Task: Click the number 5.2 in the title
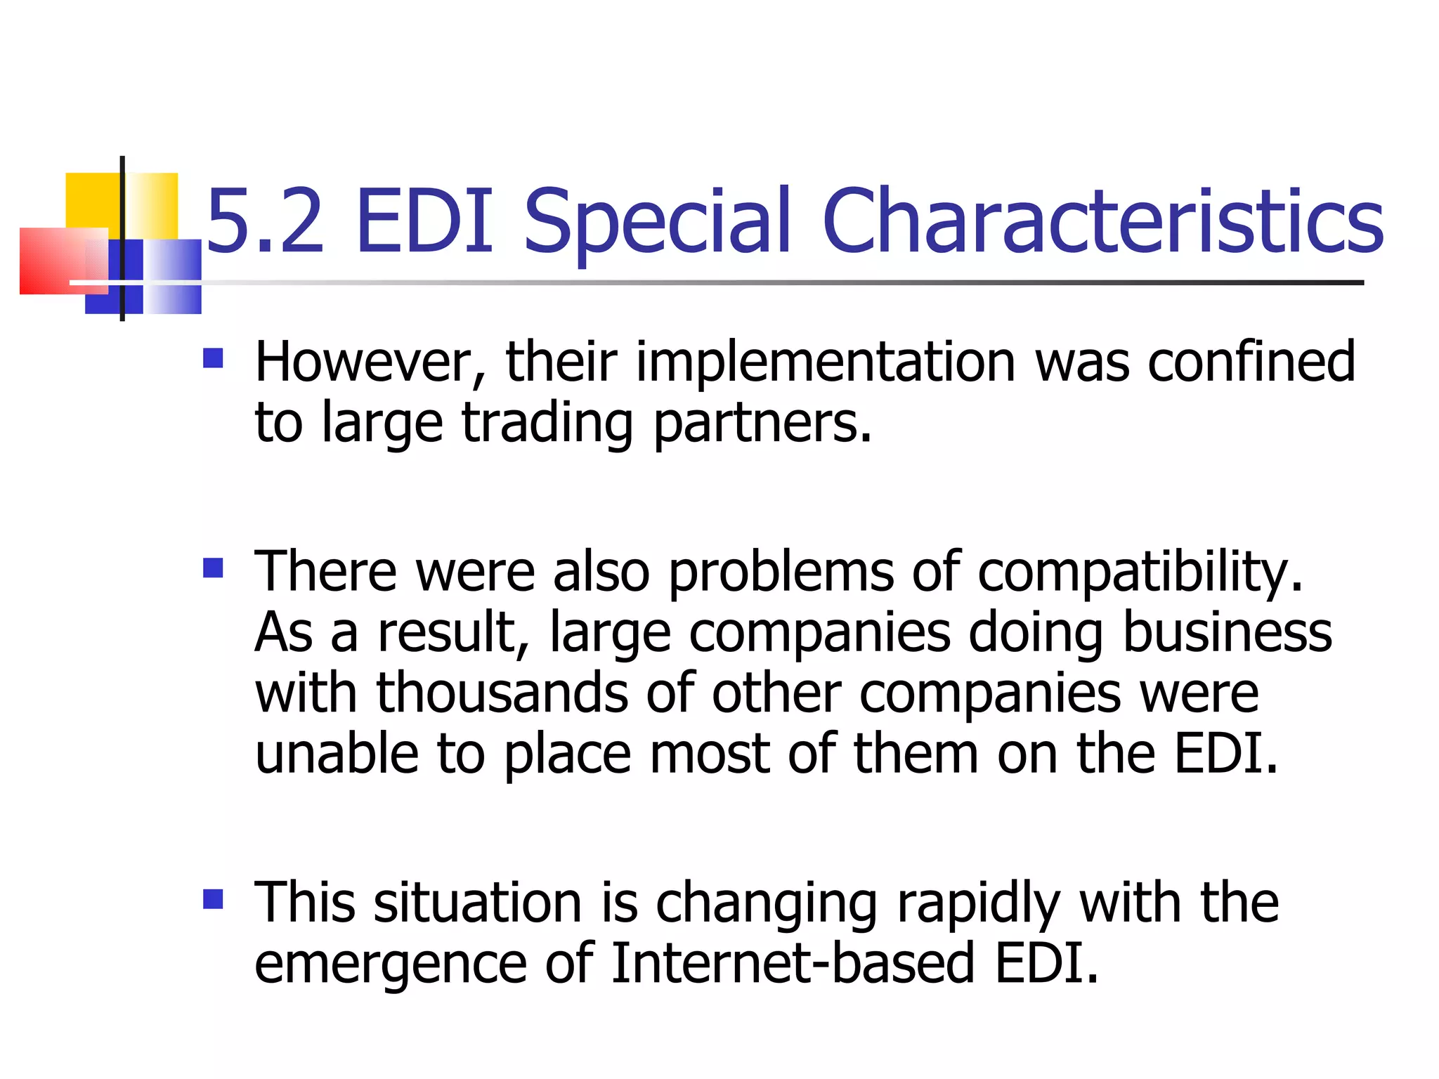[x=266, y=221]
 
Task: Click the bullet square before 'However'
[x=213, y=359]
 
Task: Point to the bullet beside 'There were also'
[x=213, y=568]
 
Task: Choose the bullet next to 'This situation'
[x=213, y=899]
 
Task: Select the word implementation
[x=826, y=362]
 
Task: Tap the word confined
[x=1251, y=362]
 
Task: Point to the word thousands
[x=502, y=694]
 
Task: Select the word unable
[x=337, y=754]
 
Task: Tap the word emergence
[x=390, y=964]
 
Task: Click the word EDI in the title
[x=424, y=221]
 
